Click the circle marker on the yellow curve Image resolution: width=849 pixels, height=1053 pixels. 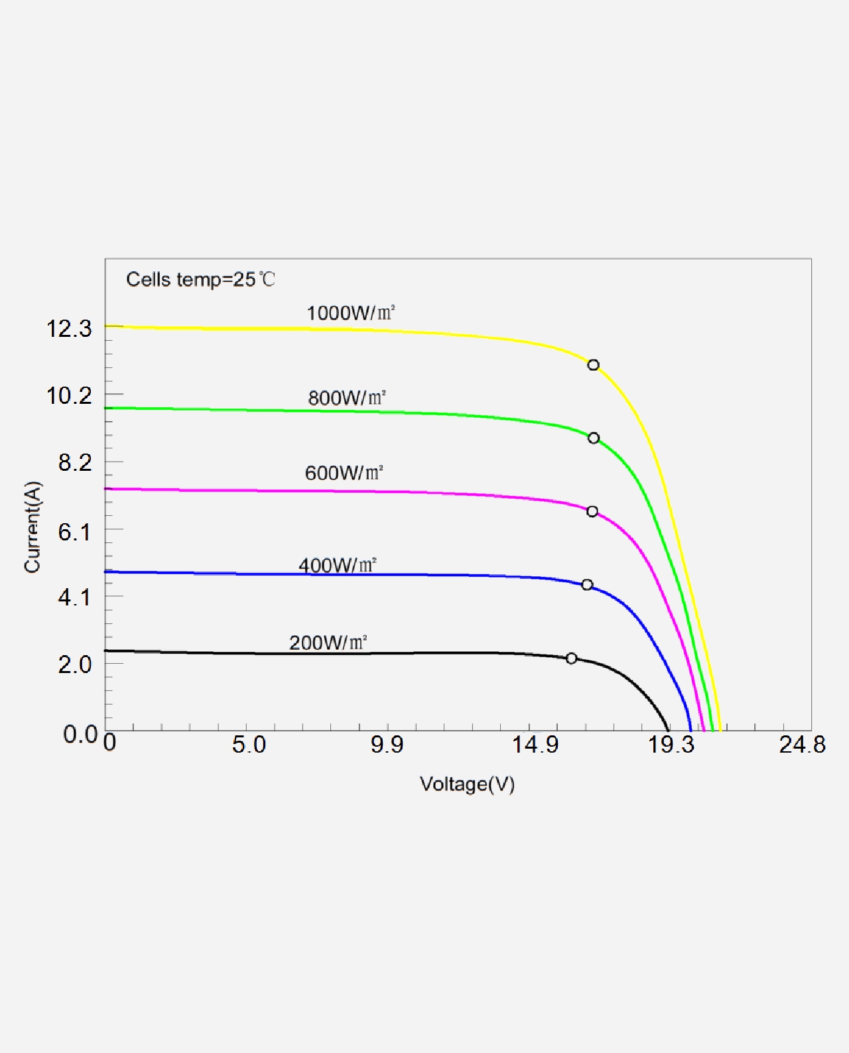(593, 365)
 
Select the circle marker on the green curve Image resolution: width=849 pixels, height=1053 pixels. (594, 438)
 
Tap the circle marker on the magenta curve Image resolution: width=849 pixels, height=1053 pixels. (592, 511)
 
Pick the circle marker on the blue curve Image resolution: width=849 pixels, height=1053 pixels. (587, 585)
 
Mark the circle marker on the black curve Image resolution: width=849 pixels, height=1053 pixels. (571, 658)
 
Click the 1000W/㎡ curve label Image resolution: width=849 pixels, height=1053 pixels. (351, 313)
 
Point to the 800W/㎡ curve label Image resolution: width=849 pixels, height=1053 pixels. (347, 398)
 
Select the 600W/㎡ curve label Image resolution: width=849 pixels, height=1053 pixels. (344, 473)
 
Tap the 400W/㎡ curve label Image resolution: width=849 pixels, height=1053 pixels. (337, 565)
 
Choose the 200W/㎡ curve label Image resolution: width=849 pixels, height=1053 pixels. (328, 643)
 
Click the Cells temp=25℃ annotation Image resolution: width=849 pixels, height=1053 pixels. (200, 279)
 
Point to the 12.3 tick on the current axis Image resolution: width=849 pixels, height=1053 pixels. (69, 328)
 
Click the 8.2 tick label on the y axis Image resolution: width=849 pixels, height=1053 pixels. (75, 463)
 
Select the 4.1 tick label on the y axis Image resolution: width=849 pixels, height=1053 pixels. (75, 597)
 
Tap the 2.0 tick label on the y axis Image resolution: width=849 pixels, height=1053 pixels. (75, 664)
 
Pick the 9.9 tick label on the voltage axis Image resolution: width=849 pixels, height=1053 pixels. (387, 745)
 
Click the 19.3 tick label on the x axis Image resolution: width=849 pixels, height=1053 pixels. (671, 745)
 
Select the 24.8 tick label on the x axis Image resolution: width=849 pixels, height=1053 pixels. (802, 745)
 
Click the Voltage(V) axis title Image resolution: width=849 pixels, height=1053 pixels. (467, 784)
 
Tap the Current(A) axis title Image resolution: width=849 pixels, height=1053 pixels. (33, 527)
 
